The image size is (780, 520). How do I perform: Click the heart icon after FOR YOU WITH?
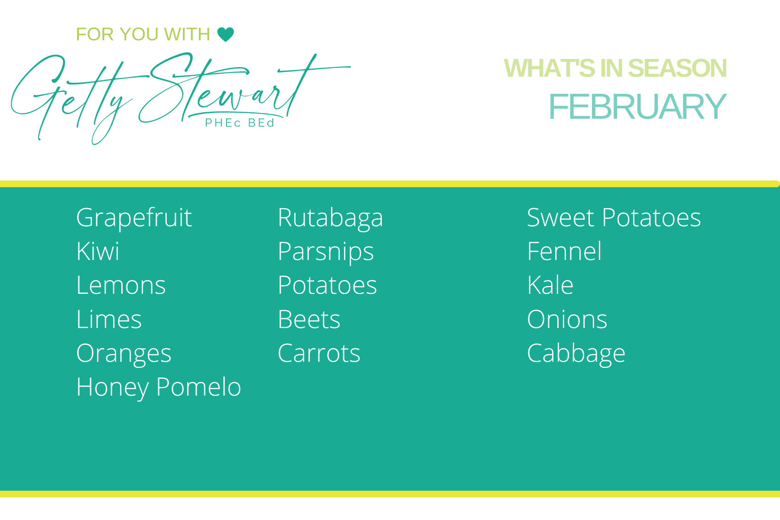(x=225, y=34)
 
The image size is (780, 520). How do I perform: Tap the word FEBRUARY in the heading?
(x=637, y=107)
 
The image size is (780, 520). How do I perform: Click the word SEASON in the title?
(x=677, y=68)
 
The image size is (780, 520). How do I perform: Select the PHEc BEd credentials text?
(x=240, y=123)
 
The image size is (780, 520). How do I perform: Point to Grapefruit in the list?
(x=134, y=218)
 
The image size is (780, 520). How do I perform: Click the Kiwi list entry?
(x=97, y=251)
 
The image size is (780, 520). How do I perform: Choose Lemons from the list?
(x=121, y=286)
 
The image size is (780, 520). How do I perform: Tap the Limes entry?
(x=109, y=319)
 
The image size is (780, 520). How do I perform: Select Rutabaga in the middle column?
(x=330, y=218)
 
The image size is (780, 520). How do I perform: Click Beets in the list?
(x=309, y=319)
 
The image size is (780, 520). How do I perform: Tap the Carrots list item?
(x=319, y=354)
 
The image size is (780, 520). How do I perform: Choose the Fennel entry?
(x=564, y=251)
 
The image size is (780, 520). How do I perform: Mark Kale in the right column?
(x=550, y=286)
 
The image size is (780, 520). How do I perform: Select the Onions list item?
(x=567, y=319)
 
